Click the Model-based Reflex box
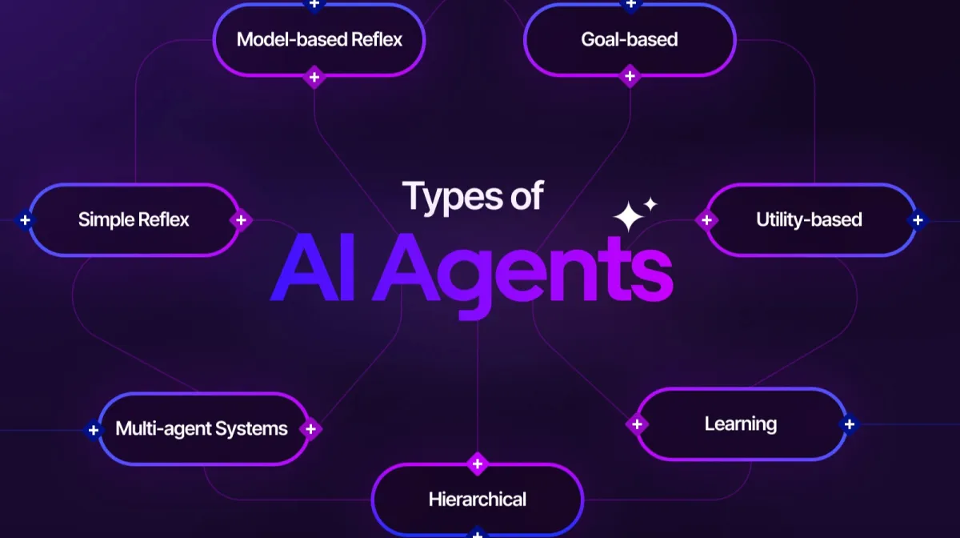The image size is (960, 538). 318,40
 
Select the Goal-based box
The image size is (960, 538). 630,40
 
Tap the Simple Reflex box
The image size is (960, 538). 134,219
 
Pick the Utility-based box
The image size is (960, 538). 809,219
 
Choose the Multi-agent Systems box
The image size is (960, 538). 202,428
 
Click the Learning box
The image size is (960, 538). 741,424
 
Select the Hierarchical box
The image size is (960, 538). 478,500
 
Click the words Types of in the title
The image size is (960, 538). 473,196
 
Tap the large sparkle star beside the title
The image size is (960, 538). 629,217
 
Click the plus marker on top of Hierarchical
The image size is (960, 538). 478,464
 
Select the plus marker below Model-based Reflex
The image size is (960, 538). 314,78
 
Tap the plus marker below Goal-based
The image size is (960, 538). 630,77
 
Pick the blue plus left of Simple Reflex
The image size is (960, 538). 26,219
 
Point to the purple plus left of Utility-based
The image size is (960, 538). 706,219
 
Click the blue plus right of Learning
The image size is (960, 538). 849,424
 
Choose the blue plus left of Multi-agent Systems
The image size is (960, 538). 94,430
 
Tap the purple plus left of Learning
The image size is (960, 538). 637,424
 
